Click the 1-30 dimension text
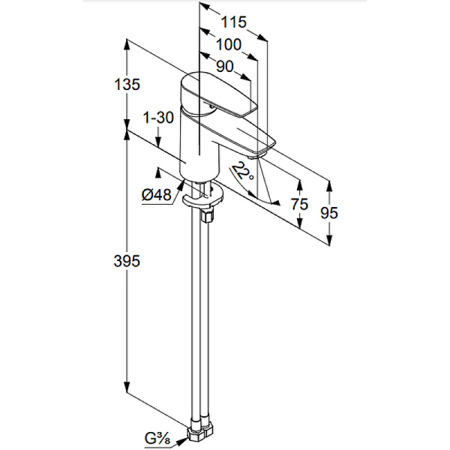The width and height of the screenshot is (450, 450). click(x=157, y=117)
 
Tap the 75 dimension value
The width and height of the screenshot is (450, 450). click(x=300, y=205)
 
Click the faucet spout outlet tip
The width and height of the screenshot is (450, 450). click(x=259, y=153)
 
